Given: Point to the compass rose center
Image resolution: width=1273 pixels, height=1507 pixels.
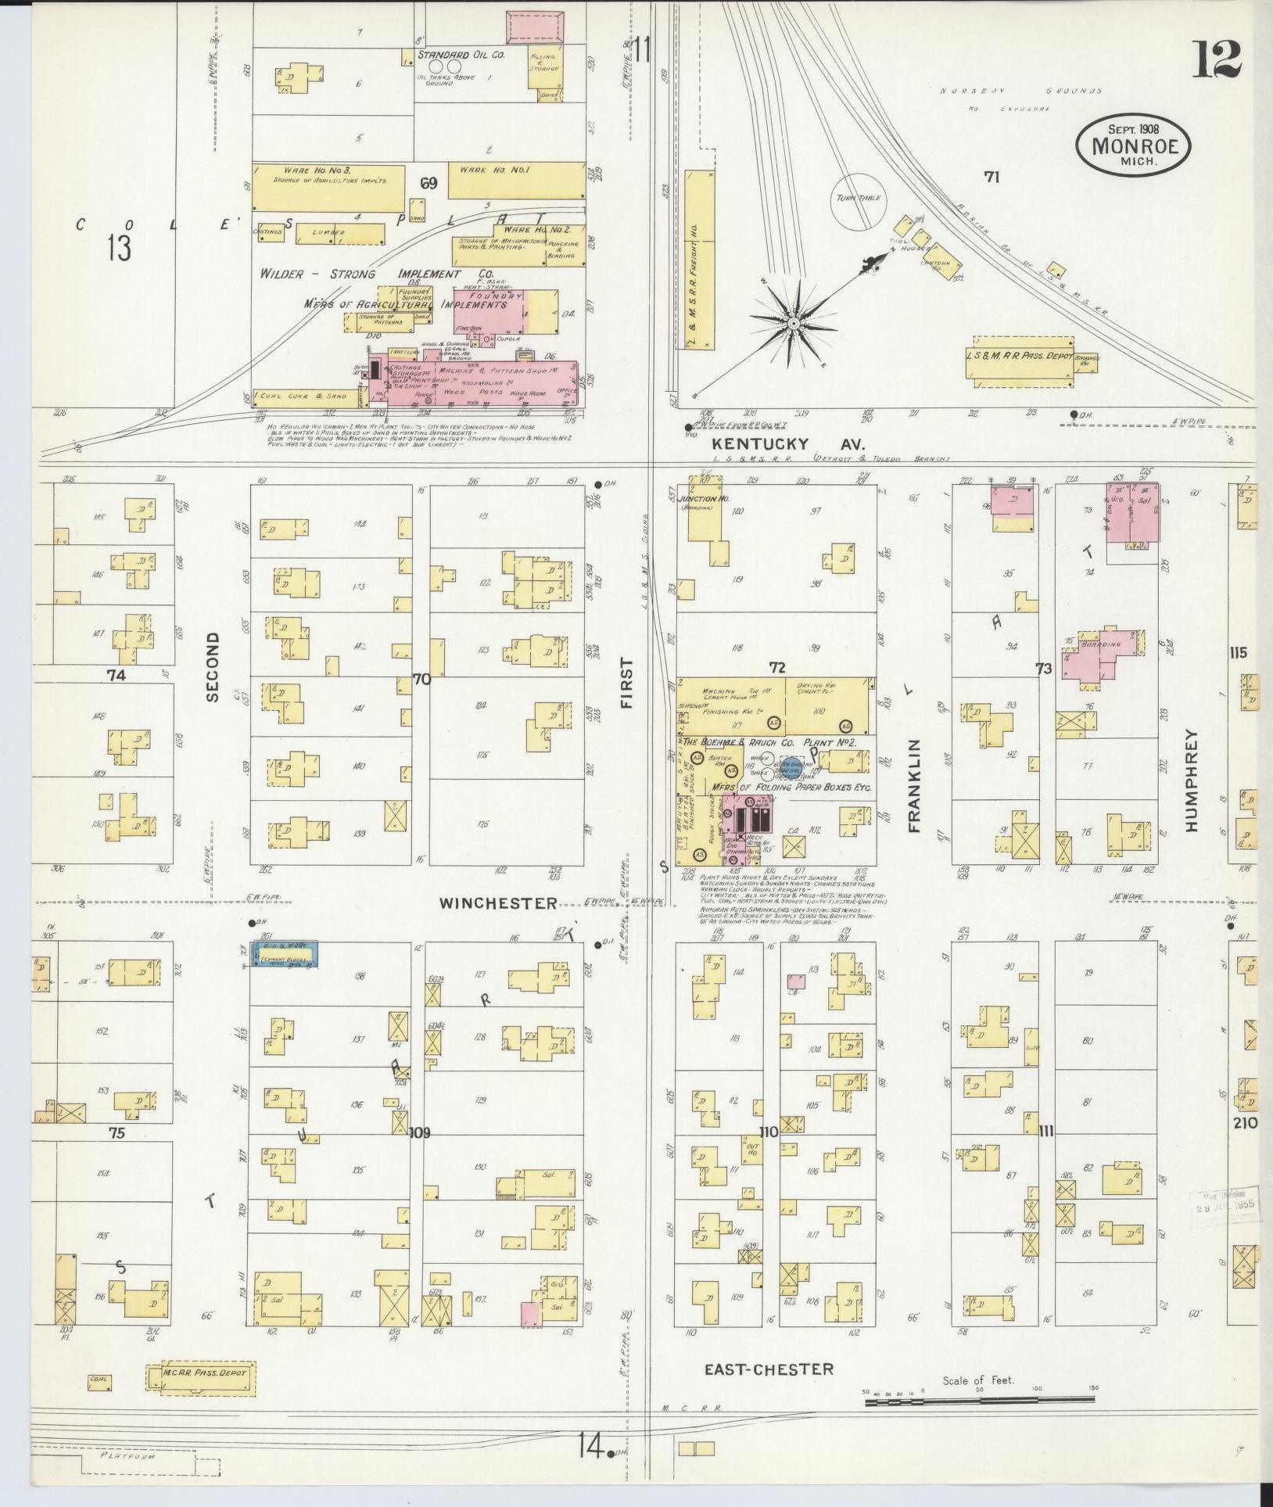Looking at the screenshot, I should [792, 323].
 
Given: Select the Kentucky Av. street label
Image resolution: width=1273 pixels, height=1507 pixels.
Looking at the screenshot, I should [787, 443].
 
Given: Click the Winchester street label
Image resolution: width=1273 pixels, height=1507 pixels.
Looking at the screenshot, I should [498, 903].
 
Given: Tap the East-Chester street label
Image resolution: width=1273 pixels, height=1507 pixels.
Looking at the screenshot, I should [768, 1369].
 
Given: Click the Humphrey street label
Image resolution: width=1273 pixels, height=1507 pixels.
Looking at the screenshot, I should [1191, 780].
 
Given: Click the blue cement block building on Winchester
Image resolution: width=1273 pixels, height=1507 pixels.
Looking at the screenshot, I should [283, 954].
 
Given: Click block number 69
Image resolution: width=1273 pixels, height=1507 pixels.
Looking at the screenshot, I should [428, 185].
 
